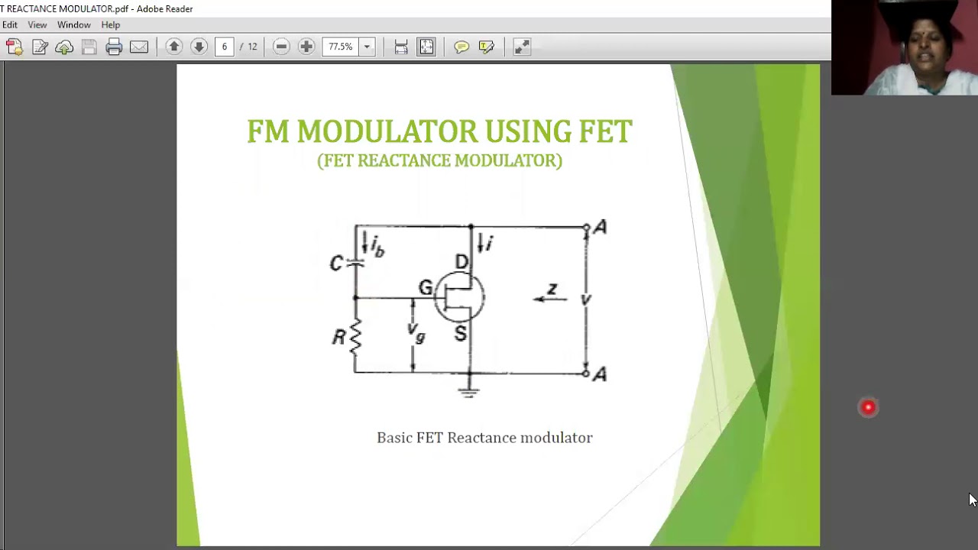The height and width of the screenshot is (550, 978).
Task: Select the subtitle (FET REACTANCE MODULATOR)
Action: (x=439, y=160)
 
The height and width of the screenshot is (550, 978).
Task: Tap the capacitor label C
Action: (x=336, y=264)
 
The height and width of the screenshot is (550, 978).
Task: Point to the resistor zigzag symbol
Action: (x=355, y=336)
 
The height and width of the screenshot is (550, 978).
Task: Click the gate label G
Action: (x=426, y=288)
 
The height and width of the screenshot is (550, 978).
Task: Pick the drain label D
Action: (x=461, y=263)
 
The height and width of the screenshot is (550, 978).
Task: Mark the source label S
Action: (x=460, y=333)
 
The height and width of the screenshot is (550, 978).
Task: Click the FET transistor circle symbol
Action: (x=459, y=297)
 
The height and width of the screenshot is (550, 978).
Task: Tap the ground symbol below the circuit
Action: (x=469, y=392)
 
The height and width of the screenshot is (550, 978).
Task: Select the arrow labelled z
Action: (x=550, y=297)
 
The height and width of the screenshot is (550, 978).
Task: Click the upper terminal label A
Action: (x=601, y=228)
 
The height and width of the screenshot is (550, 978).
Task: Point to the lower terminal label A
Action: (x=601, y=374)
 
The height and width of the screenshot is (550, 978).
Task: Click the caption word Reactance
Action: (x=481, y=438)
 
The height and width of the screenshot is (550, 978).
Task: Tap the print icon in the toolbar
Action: (x=114, y=47)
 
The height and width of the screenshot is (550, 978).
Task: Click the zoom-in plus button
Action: (x=306, y=47)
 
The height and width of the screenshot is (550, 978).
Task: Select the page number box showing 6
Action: (x=224, y=47)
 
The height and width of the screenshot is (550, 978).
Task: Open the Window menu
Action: (x=74, y=25)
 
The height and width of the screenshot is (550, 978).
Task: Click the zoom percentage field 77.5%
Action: (x=341, y=47)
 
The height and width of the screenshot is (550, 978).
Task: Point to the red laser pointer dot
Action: (x=868, y=408)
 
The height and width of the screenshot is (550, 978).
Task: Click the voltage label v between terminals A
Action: (x=585, y=300)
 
